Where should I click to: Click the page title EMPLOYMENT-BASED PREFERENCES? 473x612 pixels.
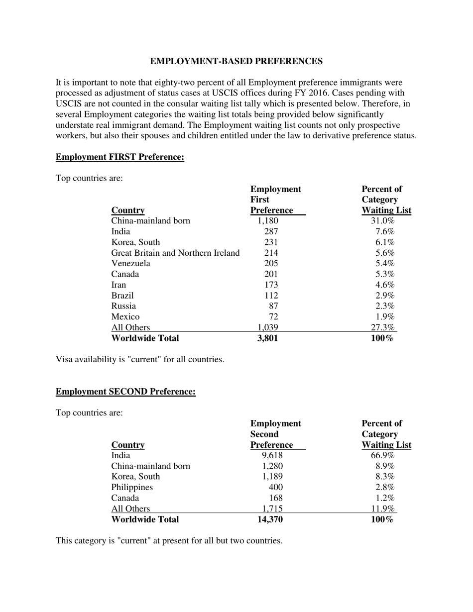(236, 61)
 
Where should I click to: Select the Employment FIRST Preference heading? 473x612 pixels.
(119, 157)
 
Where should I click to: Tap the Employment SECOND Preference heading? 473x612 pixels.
(125, 392)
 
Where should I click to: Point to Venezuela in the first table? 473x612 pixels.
(130, 263)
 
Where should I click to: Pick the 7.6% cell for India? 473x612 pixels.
(385, 231)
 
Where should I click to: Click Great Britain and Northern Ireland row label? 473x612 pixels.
(175, 253)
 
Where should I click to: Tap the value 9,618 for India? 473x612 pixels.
(272, 455)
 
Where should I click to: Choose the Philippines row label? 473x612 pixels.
(132, 487)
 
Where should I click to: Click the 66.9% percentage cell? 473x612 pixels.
(382, 455)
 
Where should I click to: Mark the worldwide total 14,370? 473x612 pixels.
(270, 519)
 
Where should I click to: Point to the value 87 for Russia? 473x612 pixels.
(273, 306)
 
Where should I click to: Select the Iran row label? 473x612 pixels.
(118, 285)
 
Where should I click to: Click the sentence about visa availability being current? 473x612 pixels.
(140, 359)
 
